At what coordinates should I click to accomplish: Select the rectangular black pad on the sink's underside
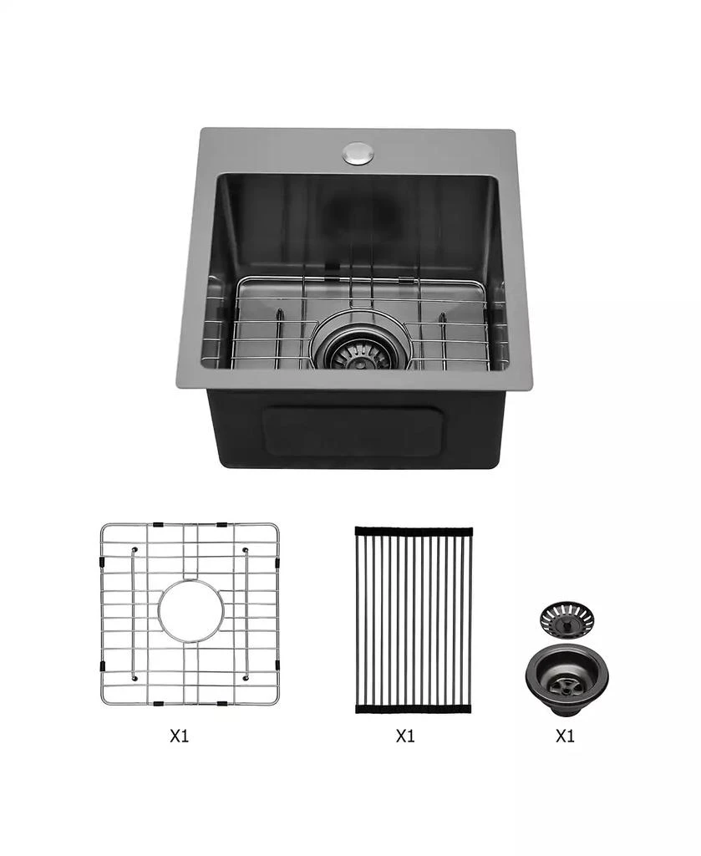point(353,431)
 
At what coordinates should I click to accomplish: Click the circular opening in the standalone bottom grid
point(190,611)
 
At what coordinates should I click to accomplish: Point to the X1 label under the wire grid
point(179,736)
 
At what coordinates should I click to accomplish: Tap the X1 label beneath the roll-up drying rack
point(405,736)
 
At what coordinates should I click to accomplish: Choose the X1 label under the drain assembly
point(566,736)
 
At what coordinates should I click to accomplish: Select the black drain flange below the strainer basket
point(566,672)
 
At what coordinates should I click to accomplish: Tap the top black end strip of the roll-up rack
point(413,530)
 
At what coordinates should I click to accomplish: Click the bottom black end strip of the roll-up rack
point(413,709)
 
